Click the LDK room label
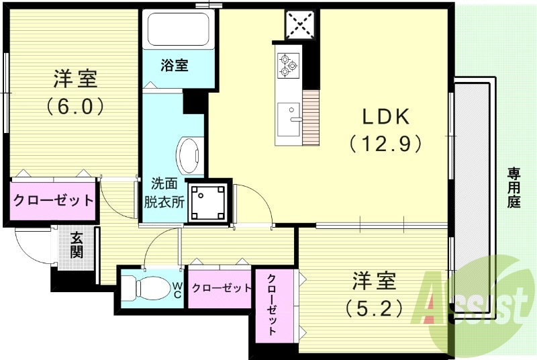385,116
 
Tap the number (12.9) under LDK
385,142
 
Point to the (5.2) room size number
375,307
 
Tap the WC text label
177,290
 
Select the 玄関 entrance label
77,245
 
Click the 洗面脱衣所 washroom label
164,191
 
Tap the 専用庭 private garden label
514,188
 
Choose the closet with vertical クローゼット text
273,306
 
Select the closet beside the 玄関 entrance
52,200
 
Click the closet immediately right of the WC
221,287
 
